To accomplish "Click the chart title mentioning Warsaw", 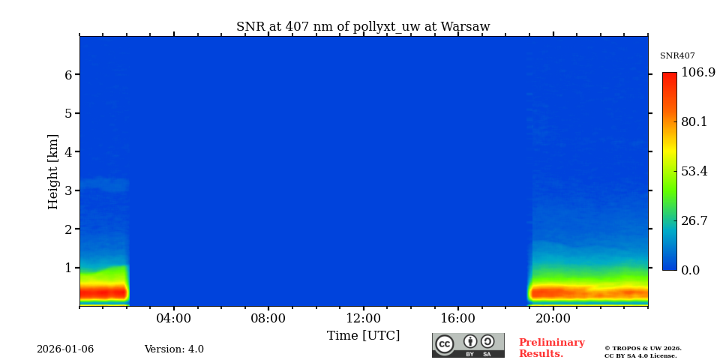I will [363, 27].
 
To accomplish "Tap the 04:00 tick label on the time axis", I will [173, 319].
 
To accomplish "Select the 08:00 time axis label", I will [268, 319].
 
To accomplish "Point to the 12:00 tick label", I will [363, 319].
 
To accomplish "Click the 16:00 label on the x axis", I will [457, 319].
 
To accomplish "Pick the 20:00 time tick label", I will [553, 319].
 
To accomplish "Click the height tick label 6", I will [67, 75].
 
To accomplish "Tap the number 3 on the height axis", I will [67, 190].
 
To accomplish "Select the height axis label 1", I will [67, 268].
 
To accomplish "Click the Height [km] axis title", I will [53, 171].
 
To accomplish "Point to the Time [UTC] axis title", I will [363, 336].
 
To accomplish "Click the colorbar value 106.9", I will [697, 73].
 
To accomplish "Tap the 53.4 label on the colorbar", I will [694, 172].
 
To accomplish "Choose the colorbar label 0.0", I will [690, 271].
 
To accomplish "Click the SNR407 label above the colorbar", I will [677, 56].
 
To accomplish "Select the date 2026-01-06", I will [65, 349].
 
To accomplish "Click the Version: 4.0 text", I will [174, 349].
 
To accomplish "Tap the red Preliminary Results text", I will [551, 348].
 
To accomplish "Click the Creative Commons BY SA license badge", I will [468, 345].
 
